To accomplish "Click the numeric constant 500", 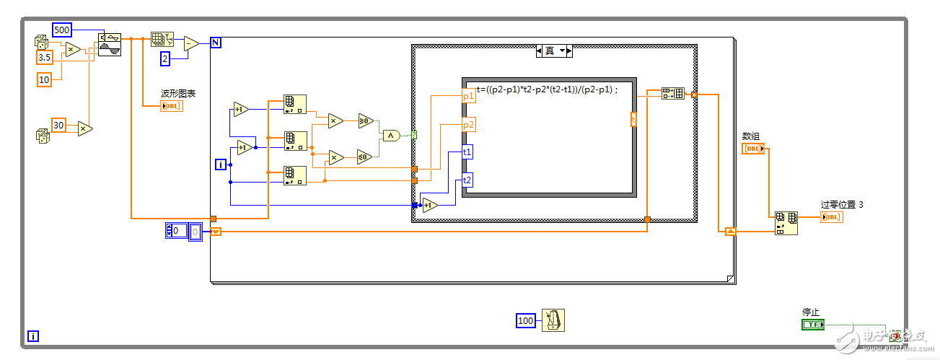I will point(63,30).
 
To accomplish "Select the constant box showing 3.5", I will point(45,56).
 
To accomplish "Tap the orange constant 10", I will point(45,79).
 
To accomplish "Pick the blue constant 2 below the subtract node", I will point(165,58).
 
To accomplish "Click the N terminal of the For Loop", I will point(216,42).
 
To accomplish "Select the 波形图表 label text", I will point(178,94).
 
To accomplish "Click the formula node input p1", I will point(468,95).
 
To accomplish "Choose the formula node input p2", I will point(468,125).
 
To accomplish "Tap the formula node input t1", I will point(467,152).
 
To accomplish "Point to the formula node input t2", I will point(467,180).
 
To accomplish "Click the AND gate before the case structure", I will point(390,135).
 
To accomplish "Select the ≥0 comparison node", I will point(365,120).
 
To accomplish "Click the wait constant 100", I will point(527,320).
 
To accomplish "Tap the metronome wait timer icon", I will point(553,320).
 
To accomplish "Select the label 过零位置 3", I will point(842,205).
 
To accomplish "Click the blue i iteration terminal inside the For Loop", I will point(221,165).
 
